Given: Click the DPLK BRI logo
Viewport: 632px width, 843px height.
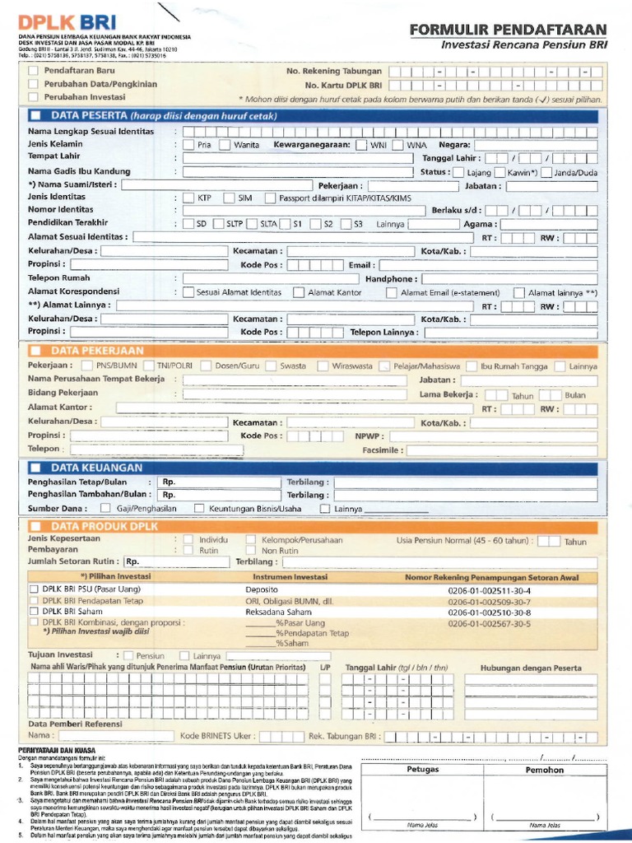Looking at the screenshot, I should pos(73,21).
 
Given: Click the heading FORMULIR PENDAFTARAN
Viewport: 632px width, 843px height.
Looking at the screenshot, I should pos(508,30).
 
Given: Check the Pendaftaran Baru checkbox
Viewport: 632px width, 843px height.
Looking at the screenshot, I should pos(33,71).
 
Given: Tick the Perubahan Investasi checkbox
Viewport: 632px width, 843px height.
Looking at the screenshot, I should pos(33,97).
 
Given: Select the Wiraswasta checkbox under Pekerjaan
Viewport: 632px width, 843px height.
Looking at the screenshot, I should pos(323,366).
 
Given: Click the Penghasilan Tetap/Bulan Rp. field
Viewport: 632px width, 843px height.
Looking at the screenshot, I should pos(219,482).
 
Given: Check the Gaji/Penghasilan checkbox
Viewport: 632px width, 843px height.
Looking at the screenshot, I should pos(105,509).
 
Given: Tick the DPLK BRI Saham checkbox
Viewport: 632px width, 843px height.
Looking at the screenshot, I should pos(34,612).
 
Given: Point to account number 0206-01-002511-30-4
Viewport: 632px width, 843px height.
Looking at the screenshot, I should pos(490,590).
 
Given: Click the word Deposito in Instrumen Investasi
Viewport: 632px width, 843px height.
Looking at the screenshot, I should pos(263,590).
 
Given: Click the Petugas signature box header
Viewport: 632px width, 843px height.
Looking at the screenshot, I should pos(423,770).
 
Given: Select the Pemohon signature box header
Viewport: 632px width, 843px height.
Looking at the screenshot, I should pos(545,770).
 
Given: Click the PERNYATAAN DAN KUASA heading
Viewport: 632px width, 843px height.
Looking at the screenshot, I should pos(57,750).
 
